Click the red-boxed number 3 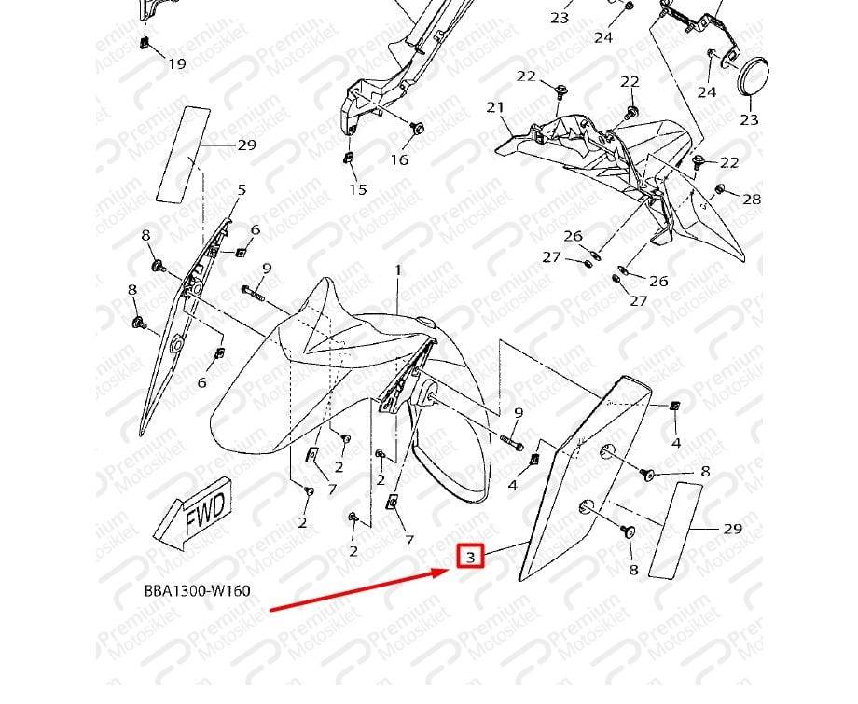(x=471, y=557)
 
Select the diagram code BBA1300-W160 (x=197, y=591)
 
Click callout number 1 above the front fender (x=398, y=270)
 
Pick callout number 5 (x=242, y=189)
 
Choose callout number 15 (x=358, y=189)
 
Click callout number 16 (x=399, y=159)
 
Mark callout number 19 (x=177, y=63)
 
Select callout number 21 (x=495, y=107)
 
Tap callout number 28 (x=752, y=200)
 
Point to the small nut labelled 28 (x=720, y=189)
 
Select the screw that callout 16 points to (x=417, y=128)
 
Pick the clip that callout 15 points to (x=348, y=158)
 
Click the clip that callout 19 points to (x=145, y=42)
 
